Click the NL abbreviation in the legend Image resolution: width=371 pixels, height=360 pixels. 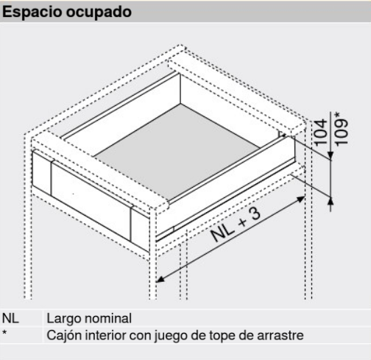10,320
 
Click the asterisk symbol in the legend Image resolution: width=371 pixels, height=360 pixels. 5,333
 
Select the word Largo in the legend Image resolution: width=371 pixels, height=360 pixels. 62,320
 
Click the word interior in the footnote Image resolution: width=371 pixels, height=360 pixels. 107,333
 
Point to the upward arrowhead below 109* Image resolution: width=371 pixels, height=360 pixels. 332,195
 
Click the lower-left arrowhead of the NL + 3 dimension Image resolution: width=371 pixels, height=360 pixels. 161,278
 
